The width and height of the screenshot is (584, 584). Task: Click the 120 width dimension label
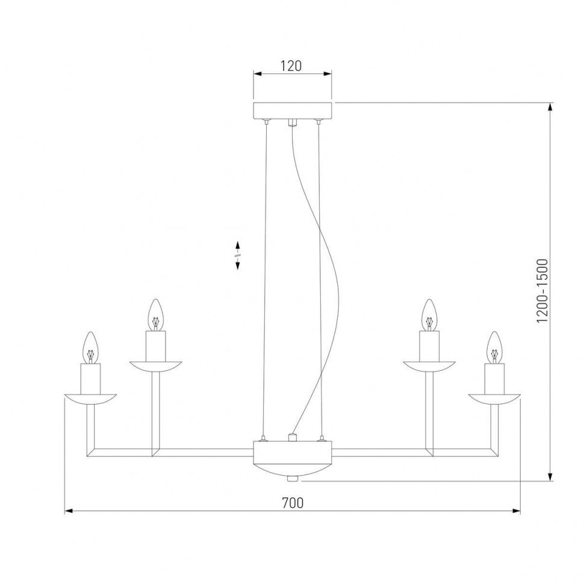(x=291, y=66)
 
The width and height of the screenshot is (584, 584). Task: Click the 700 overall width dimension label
(x=292, y=503)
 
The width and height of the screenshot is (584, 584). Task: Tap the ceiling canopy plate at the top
(x=292, y=111)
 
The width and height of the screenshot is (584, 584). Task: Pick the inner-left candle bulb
(x=156, y=314)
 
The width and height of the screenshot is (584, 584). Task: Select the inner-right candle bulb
(x=428, y=314)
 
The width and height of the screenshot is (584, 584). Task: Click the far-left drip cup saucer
(x=90, y=399)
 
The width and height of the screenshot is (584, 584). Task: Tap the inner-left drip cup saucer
(x=156, y=365)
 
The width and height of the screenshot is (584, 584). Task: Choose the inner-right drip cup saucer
(x=428, y=365)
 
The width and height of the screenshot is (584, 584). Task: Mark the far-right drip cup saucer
(x=494, y=399)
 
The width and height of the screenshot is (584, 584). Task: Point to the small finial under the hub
(x=293, y=478)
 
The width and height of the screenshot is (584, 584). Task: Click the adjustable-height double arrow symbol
(x=238, y=255)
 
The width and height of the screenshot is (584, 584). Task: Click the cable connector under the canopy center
(x=293, y=123)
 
